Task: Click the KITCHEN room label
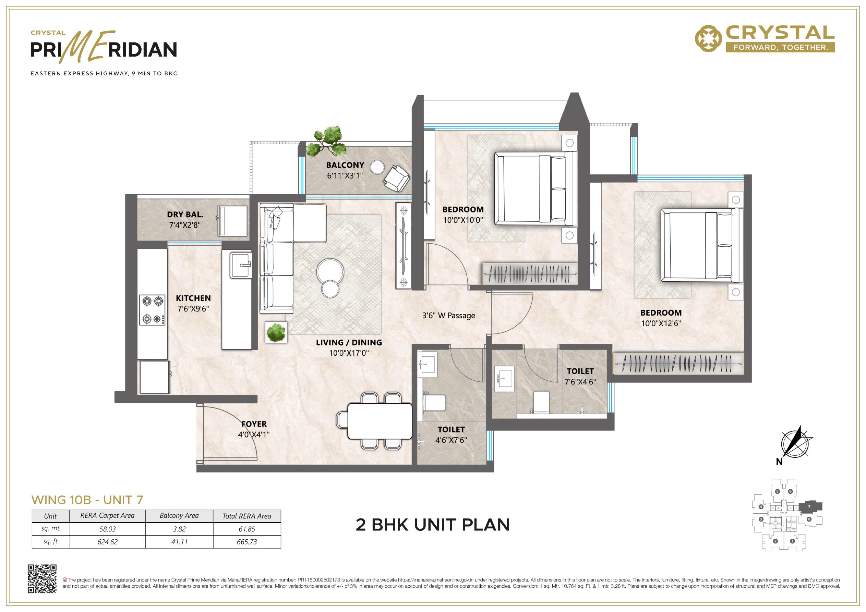pos(193,298)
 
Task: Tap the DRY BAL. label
pos(185,215)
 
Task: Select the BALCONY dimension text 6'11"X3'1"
pos(345,176)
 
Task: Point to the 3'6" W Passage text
pos(448,316)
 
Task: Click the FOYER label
pos(254,424)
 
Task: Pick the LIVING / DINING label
pos(349,342)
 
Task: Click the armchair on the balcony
pos(396,178)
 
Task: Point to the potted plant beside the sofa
pos(276,332)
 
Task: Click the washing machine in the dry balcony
pos(233,221)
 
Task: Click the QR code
pos(42,579)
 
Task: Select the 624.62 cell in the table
pos(108,542)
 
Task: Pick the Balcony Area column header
pos(179,515)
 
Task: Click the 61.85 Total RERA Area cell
pos(247,529)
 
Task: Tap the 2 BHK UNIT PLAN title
pos(433,525)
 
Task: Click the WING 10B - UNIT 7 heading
pos(87,500)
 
